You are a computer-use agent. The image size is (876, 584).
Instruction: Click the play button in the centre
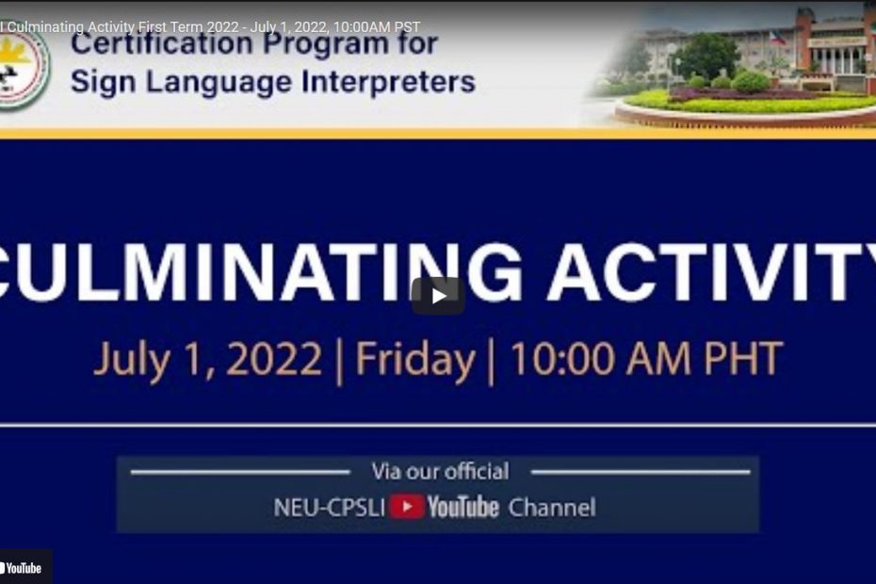[438, 296]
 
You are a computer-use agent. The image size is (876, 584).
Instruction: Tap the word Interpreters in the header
[389, 82]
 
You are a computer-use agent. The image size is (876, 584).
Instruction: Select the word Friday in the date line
[415, 359]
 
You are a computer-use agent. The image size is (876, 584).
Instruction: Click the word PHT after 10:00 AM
[743, 358]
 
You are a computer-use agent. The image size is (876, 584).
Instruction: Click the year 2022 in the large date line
[274, 358]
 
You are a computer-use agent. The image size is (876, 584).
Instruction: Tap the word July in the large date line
[132, 361]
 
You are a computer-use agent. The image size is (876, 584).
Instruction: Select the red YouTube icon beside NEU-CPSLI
[407, 507]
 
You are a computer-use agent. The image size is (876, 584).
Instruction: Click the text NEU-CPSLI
[329, 508]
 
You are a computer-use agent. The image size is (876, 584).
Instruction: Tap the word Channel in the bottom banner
[552, 508]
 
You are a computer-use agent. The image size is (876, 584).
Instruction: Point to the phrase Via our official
[440, 471]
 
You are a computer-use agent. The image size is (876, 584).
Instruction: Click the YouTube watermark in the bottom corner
[22, 568]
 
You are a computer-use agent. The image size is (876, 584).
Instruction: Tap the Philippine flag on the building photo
[778, 38]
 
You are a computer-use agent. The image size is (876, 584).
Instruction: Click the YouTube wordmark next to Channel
[463, 507]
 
